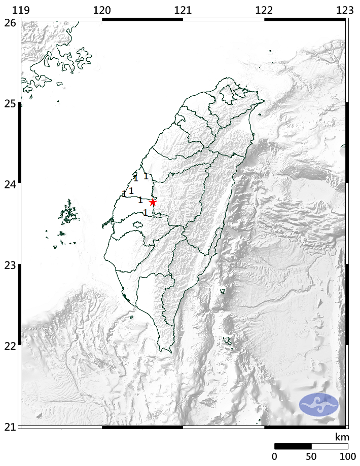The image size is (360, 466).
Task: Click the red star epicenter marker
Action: [x=153, y=202]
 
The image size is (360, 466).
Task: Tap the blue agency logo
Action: [x=318, y=404]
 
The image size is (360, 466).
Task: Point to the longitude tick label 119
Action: [x=20, y=10]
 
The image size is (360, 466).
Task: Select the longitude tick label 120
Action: [x=102, y=10]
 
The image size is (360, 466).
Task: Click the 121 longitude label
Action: [x=183, y=10]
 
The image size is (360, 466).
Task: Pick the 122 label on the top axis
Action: [x=264, y=10]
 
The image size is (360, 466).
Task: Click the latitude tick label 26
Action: [x=9, y=22]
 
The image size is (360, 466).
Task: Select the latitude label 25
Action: [x=9, y=103]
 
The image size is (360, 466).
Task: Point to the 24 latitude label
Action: [x=9, y=184]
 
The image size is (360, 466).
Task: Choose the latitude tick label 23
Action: [x=9, y=265]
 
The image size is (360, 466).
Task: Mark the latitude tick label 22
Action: [x=9, y=345]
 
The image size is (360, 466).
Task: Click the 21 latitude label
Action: [x=9, y=426]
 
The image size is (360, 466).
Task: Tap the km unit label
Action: [x=341, y=437]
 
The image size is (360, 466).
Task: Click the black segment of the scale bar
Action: [x=293, y=446]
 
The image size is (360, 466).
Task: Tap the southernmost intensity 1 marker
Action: [x=145, y=213]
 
